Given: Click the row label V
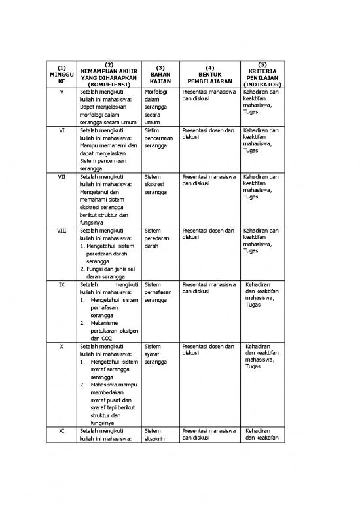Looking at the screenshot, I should click(61, 93).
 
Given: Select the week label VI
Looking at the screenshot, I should click(61, 130).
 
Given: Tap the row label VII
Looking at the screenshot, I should click(61, 177).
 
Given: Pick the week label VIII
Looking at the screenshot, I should click(61, 231).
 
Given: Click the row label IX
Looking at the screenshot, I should click(61, 285).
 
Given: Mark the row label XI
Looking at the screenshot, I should click(61, 431).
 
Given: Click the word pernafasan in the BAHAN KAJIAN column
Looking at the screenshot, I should click(158, 293).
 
